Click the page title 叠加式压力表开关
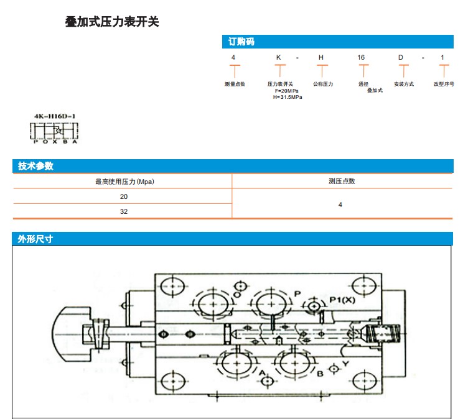click(x=113, y=22)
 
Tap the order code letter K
click(x=279, y=58)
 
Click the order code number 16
click(x=361, y=58)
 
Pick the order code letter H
click(x=321, y=58)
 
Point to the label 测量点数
click(x=235, y=84)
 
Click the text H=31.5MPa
click(x=288, y=97)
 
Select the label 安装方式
click(x=404, y=84)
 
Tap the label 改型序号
click(x=444, y=84)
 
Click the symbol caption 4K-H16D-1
click(x=56, y=116)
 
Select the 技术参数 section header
click(x=35, y=166)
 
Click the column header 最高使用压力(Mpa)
click(x=124, y=182)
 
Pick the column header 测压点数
click(x=342, y=182)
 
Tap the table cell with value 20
click(x=124, y=196)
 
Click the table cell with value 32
click(x=124, y=211)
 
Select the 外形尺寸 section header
click(x=35, y=239)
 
